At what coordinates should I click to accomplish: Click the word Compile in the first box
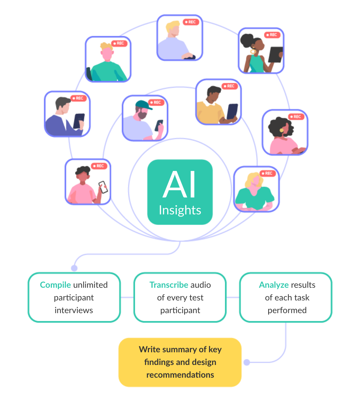[x=55, y=285]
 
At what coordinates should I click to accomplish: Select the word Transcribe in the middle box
[x=169, y=285]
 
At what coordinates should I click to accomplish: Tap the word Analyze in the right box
[x=274, y=285]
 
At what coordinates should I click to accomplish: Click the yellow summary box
[x=180, y=362]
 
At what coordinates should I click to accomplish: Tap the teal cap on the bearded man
[x=143, y=105]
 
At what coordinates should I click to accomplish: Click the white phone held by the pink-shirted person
[x=103, y=187]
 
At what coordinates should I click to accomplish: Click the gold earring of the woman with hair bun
[x=253, y=51]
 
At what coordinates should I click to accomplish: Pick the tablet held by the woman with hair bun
[x=275, y=55]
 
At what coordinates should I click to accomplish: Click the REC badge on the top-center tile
[x=190, y=22]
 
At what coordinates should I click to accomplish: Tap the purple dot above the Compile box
[x=74, y=268]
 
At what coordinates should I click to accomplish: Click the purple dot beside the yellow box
[x=247, y=362]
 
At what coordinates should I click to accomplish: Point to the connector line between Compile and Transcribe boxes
[x=127, y=297]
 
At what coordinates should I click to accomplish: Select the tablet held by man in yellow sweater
[x=232, y=111]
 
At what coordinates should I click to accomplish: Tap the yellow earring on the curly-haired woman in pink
[x=282, y=130]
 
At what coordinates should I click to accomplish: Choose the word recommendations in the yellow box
[x=180, y=374]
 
